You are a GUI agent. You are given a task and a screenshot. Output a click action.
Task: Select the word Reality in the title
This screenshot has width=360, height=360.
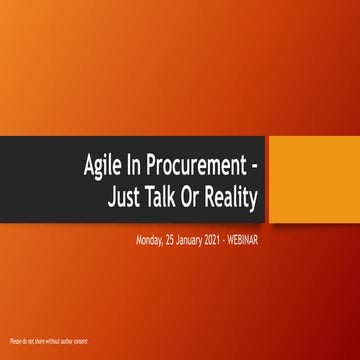234,196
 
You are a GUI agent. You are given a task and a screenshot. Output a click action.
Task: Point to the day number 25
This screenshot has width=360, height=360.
172,240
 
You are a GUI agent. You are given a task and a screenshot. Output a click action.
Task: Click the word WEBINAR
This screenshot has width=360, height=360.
250,240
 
